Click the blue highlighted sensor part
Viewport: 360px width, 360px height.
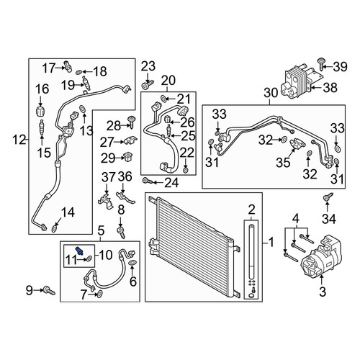80,251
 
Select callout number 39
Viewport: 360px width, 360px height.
339,66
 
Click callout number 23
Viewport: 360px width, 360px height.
148,66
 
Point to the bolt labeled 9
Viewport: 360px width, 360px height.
49,290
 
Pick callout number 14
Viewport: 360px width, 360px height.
68,212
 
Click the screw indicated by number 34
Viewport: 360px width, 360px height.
327,197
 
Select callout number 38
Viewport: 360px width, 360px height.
330,87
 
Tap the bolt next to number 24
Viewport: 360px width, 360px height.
146,181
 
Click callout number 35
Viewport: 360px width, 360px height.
283,163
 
